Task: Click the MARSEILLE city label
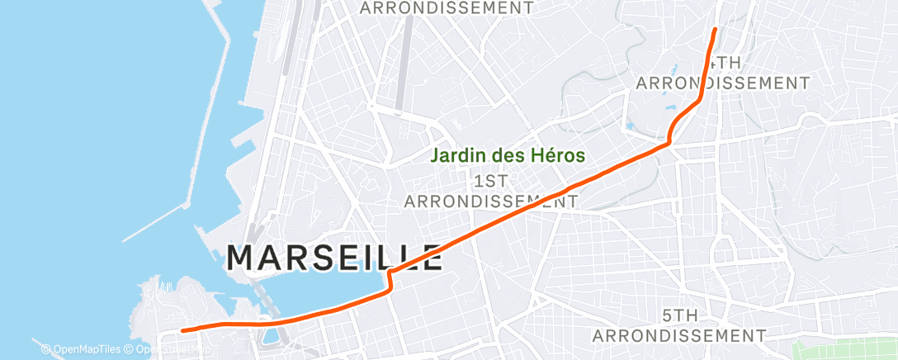[x=334, y=258]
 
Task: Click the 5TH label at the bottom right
[x=680, y=315]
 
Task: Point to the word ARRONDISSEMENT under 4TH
[x=723, y=83]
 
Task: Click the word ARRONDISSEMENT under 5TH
[x=679, y=335]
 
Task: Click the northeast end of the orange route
[x=715, y=29]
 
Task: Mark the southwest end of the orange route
[x=182, y=329]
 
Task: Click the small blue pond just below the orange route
[x=269, y=336]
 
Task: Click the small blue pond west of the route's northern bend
[x=631, y=126]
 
